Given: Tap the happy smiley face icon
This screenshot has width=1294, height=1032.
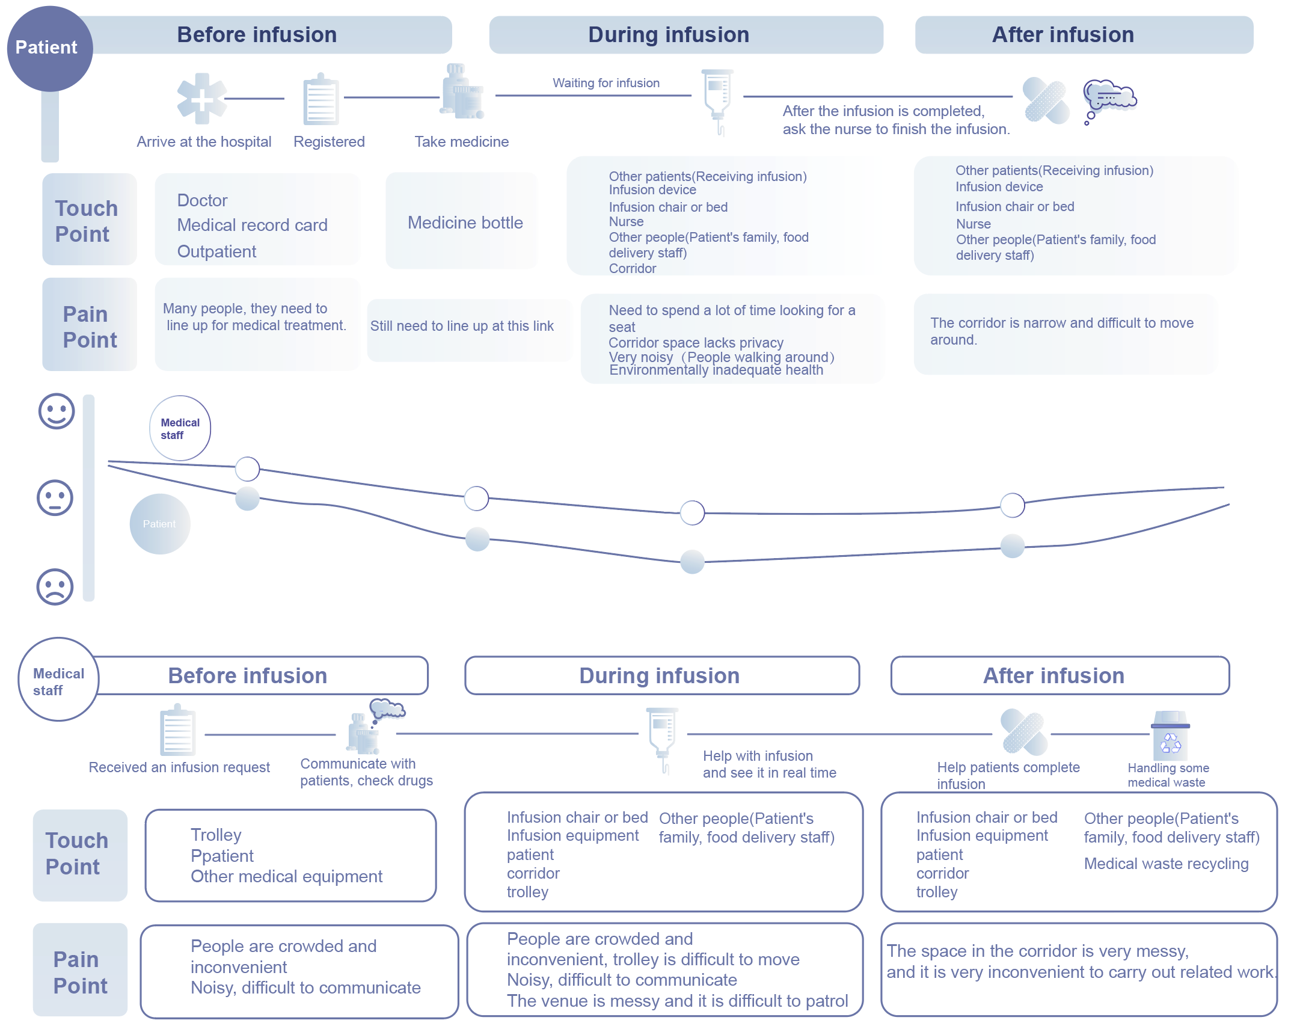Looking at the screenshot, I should (57, 411).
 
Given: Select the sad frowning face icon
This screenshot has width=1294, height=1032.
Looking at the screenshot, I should (55, 586).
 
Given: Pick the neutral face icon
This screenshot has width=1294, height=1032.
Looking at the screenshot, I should (55, 498).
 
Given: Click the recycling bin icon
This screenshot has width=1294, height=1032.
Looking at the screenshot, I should (1170, 736).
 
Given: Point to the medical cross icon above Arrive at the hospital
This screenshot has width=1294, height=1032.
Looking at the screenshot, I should (202, 99).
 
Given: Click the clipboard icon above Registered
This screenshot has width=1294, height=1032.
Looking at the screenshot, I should (321, 100).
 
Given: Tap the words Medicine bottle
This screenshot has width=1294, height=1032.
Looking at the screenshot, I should (465, 223).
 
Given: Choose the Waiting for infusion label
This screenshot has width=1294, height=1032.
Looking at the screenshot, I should (606, 83).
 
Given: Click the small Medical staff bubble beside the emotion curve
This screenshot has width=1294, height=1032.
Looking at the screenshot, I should (180, 428).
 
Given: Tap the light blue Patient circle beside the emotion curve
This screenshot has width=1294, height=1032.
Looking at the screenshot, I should (160, 524).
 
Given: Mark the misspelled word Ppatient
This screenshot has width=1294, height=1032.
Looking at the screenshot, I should (222, 856).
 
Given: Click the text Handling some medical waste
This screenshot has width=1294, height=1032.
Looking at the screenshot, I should (1168, 775).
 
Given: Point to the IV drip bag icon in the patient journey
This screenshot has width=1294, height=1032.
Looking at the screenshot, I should (718, 99).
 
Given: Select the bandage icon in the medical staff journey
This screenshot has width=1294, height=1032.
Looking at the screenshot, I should (1025, 731).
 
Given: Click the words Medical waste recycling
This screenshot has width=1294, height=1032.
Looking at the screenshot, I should (1166, 864).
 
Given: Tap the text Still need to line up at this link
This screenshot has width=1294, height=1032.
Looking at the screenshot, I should (462, 326).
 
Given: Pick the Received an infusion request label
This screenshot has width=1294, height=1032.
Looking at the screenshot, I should (179, 767).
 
